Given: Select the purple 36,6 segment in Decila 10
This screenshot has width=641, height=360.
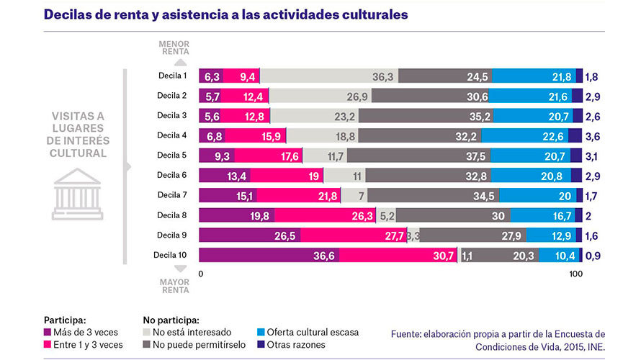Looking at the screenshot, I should pos(269,255).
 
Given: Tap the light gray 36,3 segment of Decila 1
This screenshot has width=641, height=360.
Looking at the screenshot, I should pos(328,76).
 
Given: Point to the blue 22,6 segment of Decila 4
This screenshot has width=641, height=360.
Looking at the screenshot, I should pos(524,135).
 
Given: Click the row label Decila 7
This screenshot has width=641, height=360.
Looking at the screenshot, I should pos(172,195).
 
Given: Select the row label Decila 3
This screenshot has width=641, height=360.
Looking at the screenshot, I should pos(172,115).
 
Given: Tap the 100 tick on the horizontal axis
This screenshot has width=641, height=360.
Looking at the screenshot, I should pos(575,274).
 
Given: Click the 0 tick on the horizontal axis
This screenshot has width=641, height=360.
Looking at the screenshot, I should pos(201,274).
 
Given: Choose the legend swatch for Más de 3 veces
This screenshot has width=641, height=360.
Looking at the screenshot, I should pos(48,333).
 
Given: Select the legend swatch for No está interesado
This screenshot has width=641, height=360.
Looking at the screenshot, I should pos(148,333).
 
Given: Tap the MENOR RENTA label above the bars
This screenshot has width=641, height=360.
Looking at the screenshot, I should pos(175,48).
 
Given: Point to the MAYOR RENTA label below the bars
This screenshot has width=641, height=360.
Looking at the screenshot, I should pos(175,287).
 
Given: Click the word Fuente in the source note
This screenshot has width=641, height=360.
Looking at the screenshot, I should pos(408,333).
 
